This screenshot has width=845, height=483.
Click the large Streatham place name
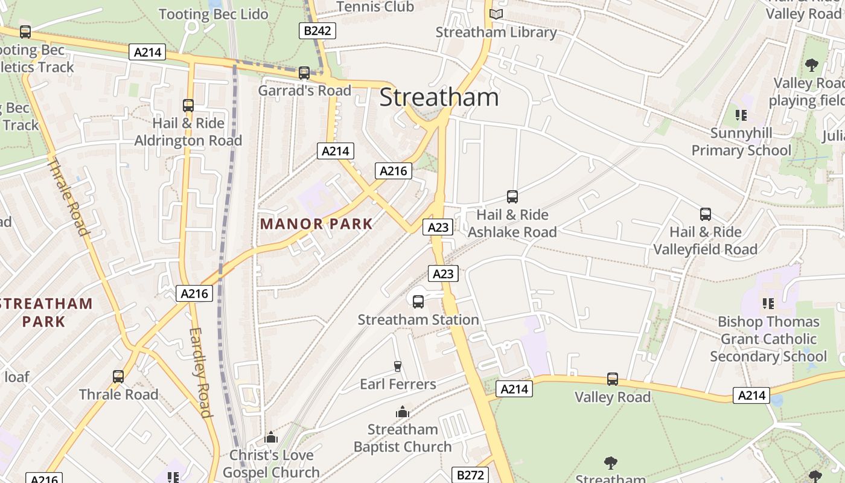[439, 98]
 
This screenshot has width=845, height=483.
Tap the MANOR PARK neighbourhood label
[316, 224]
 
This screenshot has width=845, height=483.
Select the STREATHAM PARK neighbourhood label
[46, 312]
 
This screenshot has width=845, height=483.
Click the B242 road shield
[317, 30]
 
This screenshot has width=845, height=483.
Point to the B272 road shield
[470, 475]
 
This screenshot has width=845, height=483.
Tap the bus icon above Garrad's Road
[304, 73]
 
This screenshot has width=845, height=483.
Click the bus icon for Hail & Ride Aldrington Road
[188, 106]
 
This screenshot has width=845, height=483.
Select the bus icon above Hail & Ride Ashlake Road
[512, 197]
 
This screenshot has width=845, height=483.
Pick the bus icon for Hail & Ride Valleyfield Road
[705, 214]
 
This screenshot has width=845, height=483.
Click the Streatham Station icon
[418, 302]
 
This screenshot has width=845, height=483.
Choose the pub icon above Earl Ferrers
[397, 366]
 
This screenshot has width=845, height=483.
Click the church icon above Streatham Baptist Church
[403, 412]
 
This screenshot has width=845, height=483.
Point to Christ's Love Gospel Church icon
[271, 437]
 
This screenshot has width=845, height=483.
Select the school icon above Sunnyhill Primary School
[741, 115]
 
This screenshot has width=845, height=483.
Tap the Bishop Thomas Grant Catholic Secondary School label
[768, 339]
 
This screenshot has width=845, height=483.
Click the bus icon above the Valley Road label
[613, 379]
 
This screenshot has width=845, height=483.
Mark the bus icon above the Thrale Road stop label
[118, 377]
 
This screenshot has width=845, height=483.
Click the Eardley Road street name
[201, 372]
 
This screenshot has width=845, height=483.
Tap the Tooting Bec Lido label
[213, 14]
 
